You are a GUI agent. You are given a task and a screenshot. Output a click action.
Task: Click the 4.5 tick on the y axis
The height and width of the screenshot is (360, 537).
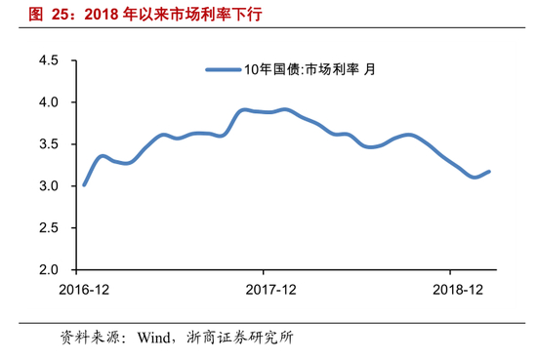(x=48, y=60)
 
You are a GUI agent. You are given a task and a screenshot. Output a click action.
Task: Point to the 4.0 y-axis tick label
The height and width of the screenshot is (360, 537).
(x=48, y=102)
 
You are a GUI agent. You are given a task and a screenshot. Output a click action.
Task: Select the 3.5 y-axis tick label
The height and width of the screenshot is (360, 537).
(x=48, y=144)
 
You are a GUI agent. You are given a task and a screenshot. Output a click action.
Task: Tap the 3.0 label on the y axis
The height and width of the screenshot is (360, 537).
(x=48, y=186)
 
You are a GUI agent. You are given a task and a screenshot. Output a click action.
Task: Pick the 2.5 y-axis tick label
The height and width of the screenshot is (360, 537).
(x=48, y=228)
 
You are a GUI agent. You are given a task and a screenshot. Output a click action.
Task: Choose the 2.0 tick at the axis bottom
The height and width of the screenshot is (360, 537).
(x=48, y=269)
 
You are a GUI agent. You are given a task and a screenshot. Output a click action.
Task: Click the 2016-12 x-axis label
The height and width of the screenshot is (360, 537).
(x=84, y=290)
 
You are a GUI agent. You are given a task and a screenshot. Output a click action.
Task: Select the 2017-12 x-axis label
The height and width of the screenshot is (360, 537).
(x=270, y=290)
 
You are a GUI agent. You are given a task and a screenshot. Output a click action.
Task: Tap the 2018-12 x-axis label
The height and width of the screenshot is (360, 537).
(x=458, y=290)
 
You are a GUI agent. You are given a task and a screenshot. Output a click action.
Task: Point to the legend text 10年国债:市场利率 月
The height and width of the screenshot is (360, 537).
(x=310, y=69)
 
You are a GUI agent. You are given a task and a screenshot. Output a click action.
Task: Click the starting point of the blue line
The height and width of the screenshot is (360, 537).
(x=84, y=184)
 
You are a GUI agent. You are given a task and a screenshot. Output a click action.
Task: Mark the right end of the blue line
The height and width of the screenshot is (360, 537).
(x=489, y=172)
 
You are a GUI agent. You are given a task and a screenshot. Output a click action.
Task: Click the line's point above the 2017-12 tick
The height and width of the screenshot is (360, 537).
(x=264, y=112)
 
